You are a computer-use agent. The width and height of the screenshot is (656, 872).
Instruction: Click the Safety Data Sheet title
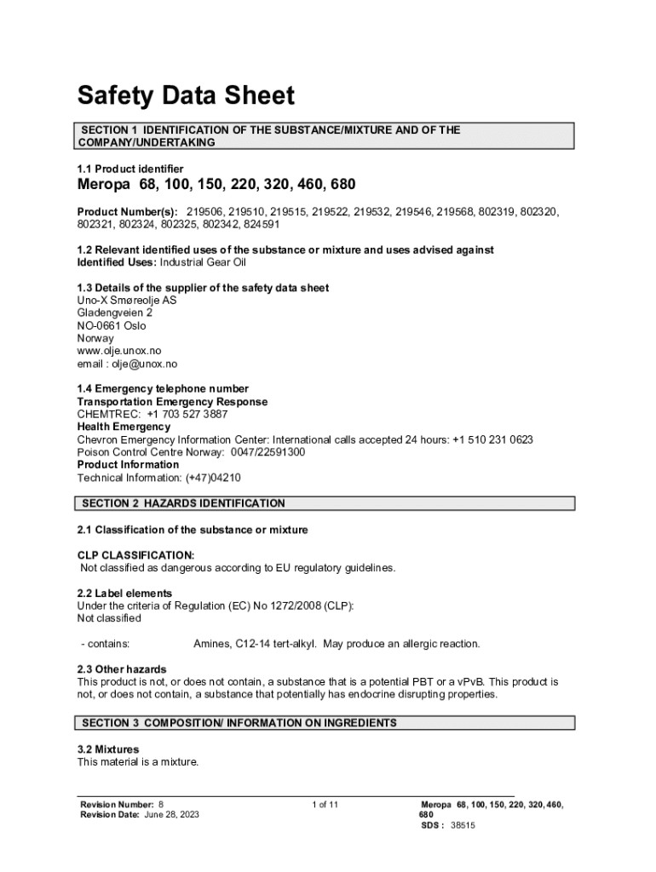[186, 95]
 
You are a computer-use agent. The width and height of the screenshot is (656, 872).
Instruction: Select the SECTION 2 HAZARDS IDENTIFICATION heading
[183, 503]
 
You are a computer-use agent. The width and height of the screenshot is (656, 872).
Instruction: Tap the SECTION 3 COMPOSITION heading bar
[239, 723]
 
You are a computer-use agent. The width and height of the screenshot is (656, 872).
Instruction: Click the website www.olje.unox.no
[118, 351]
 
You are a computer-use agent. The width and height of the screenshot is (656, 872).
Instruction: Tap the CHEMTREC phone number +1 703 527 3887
[187, 414]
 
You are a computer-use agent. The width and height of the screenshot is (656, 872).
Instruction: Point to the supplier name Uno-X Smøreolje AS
[127, 301]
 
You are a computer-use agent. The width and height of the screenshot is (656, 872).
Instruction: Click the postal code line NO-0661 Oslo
[112, 325]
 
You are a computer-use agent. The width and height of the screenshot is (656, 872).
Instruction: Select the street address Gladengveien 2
[115, 313]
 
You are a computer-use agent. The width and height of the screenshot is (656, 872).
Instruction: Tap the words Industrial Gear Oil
[209, 262]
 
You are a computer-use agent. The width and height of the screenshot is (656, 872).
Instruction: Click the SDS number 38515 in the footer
[463, 825]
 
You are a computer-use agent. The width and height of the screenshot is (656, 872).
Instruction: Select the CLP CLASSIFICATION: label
[135, 555]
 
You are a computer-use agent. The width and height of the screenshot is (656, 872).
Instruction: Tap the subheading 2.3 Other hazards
[122, 669]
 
